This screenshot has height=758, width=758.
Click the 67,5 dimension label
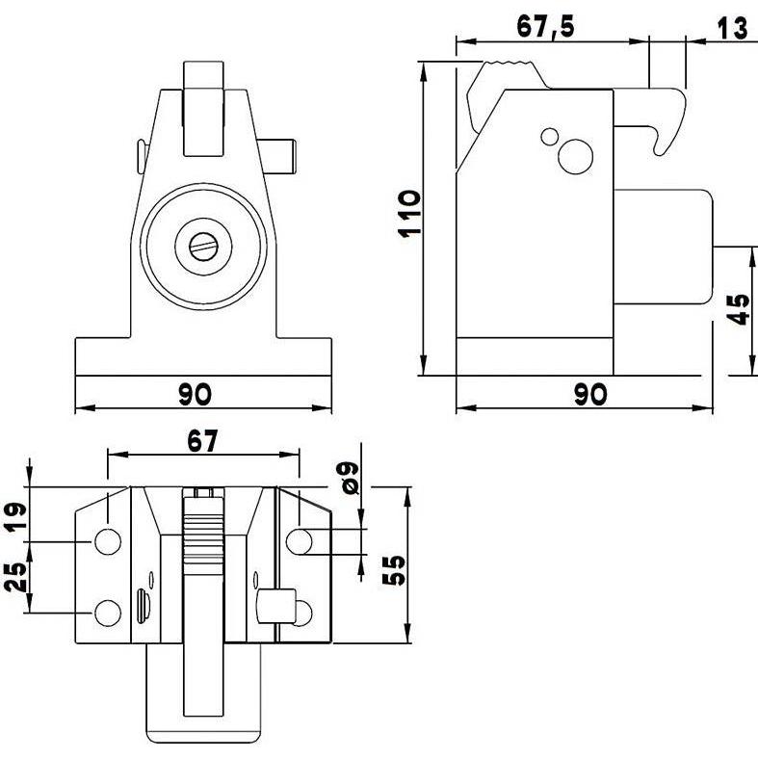(x=545, y=26)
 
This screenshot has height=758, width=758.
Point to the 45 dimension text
(x=739, y=310)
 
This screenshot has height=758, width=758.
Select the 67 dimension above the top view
(x=202, y=440)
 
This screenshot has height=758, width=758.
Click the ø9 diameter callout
(x=350, y=477)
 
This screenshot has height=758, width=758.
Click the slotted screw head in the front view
(x=202, y=248)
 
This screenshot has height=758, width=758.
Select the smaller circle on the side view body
(x=550, y=136)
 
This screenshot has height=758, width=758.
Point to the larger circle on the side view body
(x=577, y=156)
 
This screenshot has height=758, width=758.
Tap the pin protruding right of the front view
(x=287, y=156)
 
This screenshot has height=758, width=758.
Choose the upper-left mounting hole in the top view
(x=106, y=541)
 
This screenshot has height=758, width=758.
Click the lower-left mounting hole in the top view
(x=107, y=612)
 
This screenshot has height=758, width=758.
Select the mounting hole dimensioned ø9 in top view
(x=301, y=541)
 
